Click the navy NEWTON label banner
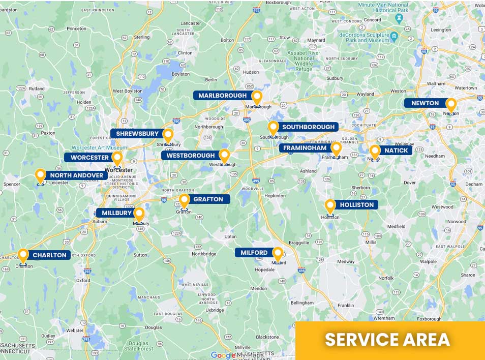(x=425, y=103)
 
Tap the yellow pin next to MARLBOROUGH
(x=257, y=96)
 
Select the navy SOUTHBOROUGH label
(x=308, y=127)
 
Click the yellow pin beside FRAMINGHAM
(x=336, y=148)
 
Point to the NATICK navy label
(x=396, y=151)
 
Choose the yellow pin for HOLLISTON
(x=330, y=205)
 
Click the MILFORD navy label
(x=254, y=253)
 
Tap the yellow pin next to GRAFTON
(x=184, y=200)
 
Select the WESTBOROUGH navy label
(x=188, y=155)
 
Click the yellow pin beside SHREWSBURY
(x=168, y=135)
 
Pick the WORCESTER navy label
(x=89, y=158)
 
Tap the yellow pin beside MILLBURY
(x=139, y=214)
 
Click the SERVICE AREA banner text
(x=387, y=339)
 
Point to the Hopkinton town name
(x=275, y=195)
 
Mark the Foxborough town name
(x=429, y=319)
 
